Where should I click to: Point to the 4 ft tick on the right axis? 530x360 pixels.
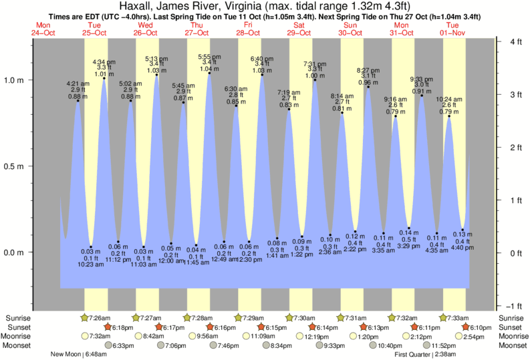pos(497,41)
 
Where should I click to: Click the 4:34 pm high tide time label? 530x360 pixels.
pos(103,61)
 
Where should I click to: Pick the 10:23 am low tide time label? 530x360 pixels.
pos(91,264)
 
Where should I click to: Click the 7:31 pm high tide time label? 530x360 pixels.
pos(314,63)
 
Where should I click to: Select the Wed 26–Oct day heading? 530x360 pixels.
pos(145,29)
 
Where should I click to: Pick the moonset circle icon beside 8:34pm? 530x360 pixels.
pos(265,345)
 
